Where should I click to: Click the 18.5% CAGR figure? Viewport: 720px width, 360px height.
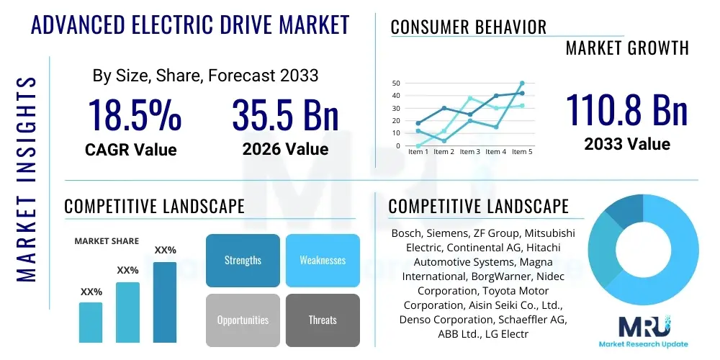tap(135, 114)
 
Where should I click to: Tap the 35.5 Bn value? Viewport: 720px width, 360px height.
tap(285, 114)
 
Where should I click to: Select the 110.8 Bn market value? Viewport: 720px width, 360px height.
tap(626, 109)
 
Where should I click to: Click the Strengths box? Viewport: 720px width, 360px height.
tap(243, 260)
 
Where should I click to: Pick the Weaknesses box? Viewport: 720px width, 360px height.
tap(323, 260)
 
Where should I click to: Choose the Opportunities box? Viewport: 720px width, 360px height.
tap(243, 320)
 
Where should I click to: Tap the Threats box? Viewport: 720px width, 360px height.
tap(323, 320)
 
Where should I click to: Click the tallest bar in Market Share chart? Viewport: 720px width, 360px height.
tap(165, 302)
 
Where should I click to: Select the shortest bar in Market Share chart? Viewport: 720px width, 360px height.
tap(91, 322)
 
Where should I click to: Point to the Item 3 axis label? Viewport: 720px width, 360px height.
tap(469, 152)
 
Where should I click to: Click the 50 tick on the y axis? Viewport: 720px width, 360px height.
tap(396, 84)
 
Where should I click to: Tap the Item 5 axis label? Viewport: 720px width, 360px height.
tap(521, 152)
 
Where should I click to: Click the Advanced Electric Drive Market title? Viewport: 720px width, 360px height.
tap(190, 24)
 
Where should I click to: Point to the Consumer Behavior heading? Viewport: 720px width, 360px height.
tap(468, 27)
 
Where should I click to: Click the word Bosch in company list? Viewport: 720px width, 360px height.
tap(406, 234)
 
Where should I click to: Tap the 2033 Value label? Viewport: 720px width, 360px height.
tap(626, 144)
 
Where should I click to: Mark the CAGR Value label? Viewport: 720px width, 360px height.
tap(130, 150)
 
